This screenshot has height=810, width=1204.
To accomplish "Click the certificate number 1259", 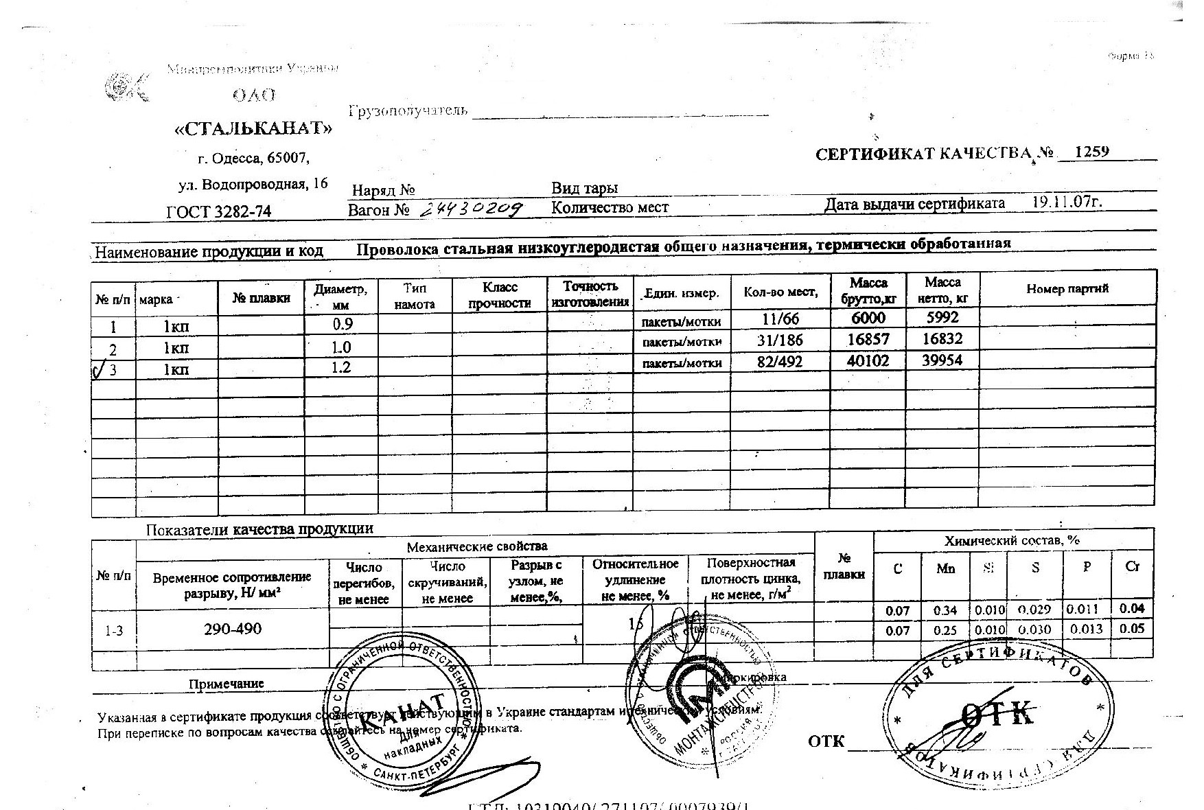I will click(1091, 152).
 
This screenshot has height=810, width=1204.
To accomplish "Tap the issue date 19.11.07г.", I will click(1067, 202).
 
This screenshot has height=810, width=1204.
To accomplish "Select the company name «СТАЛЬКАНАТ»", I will click(253, 128).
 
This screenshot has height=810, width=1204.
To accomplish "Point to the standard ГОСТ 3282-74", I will click(218, 211).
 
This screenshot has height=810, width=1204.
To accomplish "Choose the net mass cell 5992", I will click(942, 318).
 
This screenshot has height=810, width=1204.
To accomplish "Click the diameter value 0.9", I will click(342, 323).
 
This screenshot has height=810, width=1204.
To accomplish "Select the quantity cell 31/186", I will click(782, 340).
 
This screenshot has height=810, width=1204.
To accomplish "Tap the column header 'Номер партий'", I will click(1067, 289).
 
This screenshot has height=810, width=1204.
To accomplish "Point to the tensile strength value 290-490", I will click(233, 629).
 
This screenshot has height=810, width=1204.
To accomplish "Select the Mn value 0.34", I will click(945, 610).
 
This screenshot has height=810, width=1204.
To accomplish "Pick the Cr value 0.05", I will click(1132, 629).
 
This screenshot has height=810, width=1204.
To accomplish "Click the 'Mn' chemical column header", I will click(945, 568).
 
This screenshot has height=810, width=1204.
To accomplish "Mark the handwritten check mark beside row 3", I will click(97, 371).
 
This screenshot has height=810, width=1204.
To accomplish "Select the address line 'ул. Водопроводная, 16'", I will click(253, 184).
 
